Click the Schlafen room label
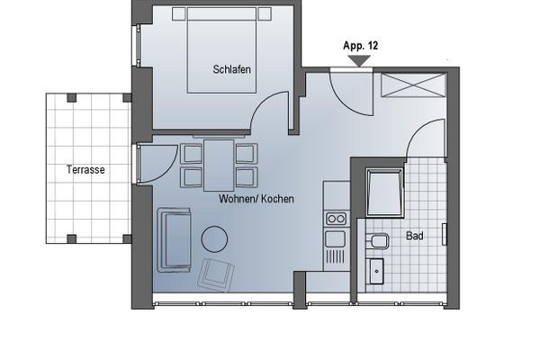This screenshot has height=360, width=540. pyautogui.click(x=231, y=69)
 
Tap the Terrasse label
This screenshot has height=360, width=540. pyautogui.click(x=85, y=169)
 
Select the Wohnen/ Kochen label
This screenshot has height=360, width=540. pyautogui.click(x=256, y=200)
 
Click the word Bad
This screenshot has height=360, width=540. pyautogui.click(x=414, y=237)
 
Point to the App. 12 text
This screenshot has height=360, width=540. pyautogui.click(x=360, y=43)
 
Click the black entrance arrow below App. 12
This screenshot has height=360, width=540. pyautogui.click(x=360, y=61)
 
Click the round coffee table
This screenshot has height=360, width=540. pyautogui.click(x=214, y=239)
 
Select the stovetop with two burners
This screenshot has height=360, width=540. pyautogui.click(x=336, y=218)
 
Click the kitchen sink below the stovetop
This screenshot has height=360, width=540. pyautogui.click(x=336, y=238)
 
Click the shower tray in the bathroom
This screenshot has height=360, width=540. pyautogui.click(x=388, y=192)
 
